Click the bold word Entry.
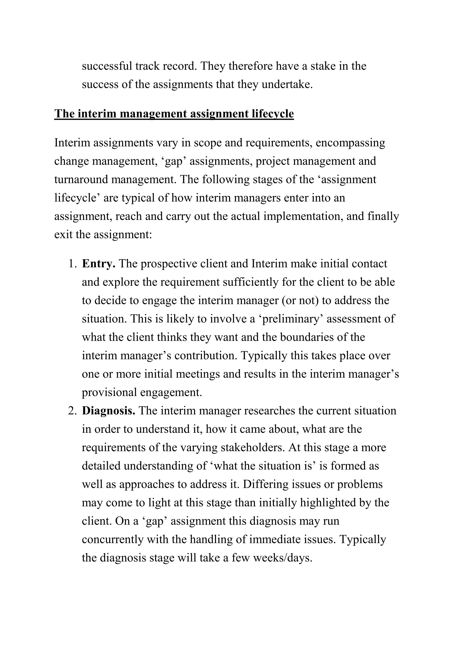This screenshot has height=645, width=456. coord(98,264)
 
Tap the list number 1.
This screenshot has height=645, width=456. coord(72,264)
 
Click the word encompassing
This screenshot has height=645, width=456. coord(350,143)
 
